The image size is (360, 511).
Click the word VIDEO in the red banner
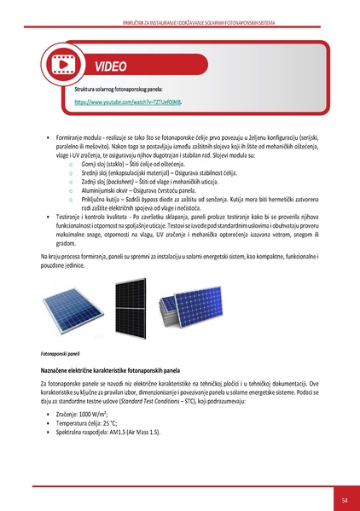(x=111, y=66)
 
